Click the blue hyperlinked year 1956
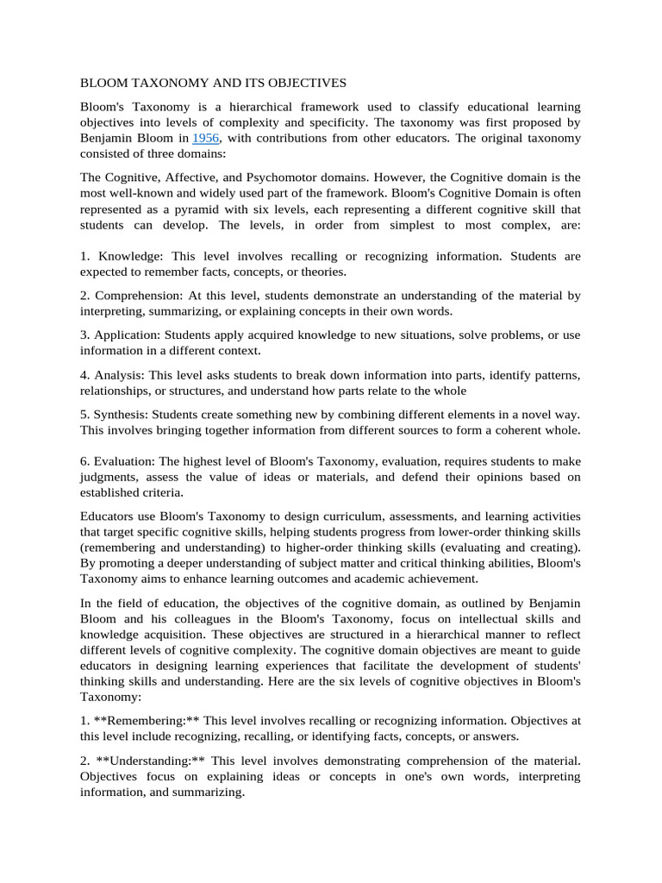[x=205, y=138]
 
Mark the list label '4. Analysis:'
[x=115, y=376]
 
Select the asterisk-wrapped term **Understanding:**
[x=149, y=760]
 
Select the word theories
[x=322, y=272]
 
